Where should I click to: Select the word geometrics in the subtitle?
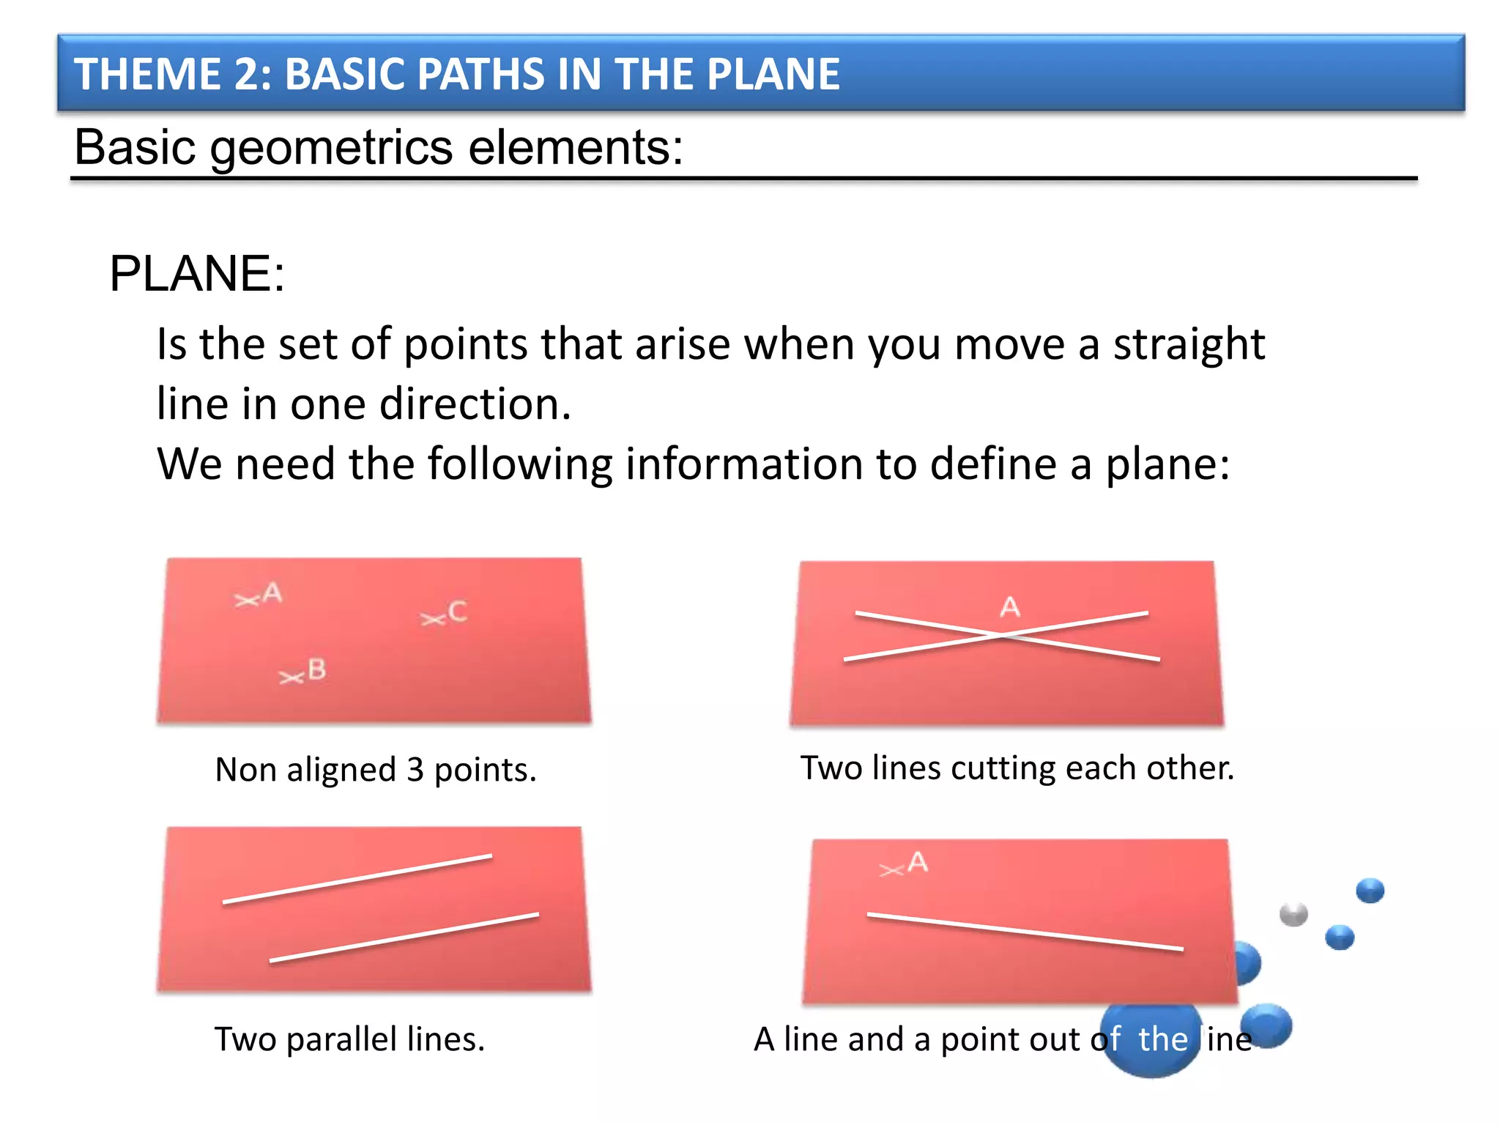(331, 149)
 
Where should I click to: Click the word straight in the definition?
(1189, 344)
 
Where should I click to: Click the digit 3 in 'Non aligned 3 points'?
(415, 771)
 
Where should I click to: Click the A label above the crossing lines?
(1010, 607)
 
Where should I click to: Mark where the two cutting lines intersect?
(1003, 636)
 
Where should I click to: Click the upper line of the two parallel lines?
(357, 878)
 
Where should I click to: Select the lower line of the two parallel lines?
(404, 937)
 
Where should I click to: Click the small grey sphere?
(1293, 914)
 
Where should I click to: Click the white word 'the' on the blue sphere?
(1162, 1039)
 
